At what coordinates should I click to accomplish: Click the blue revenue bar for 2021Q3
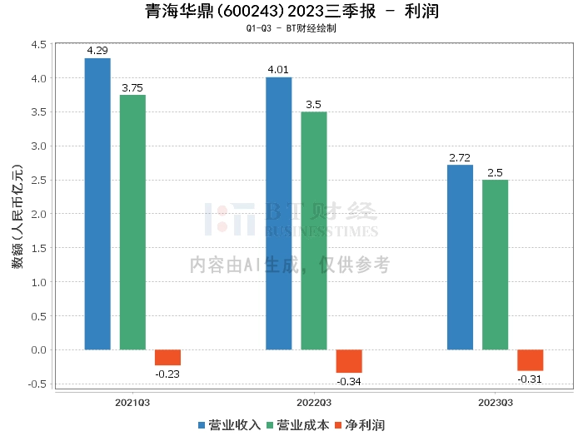tap(97, 204)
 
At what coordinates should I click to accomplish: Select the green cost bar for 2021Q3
tap(132, 222)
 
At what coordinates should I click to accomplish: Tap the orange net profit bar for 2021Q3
tap(167, 357)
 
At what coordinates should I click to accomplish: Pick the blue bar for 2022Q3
tap(279, 214)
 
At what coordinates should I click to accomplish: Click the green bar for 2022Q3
tap(314, 230)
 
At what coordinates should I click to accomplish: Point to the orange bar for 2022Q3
tap(349, 361)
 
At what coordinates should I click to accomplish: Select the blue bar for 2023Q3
tap(460, 257)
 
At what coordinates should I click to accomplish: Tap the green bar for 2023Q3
tap(496, 265)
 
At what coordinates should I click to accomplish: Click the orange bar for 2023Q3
tap(531, 360)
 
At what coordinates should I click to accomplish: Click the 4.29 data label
tap(97, 51)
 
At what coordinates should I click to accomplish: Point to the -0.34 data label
tap(349, 382)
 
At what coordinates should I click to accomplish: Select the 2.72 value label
tap(460, 158)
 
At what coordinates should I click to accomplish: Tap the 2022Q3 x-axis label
tap(314, 403)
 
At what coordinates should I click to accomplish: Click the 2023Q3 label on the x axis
tap(496, 403)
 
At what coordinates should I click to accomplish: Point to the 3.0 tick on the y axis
tap(39, 146)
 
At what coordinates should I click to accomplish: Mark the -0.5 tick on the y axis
tap(37, 384)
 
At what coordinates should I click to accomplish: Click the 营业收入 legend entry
tap(229, 425)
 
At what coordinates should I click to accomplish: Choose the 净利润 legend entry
tap(360, 425)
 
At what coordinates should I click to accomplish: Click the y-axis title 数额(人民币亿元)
tap(17, 216)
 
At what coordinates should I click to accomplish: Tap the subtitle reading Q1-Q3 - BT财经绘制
tap(291, 28)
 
